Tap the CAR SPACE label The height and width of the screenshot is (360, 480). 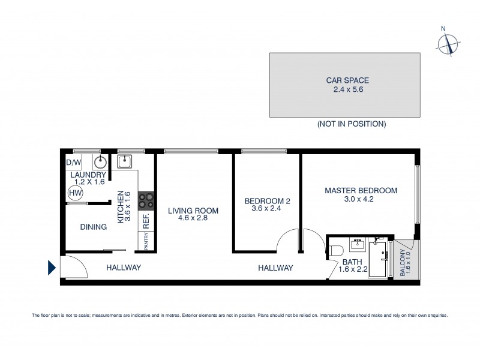pyautogui.click(x=347, y=80)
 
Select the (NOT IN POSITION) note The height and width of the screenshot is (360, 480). pyautogui.click(x=351, y=124)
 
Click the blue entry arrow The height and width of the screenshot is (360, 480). pyautogui.click(x=52, y=267)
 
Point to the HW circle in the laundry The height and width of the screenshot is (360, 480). pyautogui.click(x=75, y=193)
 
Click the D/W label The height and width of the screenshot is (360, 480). pyautogui.click(x=73, y=163)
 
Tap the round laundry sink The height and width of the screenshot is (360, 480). pyautogui.click(x=100, y=162)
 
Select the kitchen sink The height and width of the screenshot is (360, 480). pyautogui.click(x=125, y=161)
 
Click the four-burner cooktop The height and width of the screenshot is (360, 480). pyautogui.click(x=146, y=200)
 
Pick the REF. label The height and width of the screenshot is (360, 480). pyautogui.click(x=146, y=221)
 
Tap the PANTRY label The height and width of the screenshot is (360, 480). pyautogui.click(x=146, y=241)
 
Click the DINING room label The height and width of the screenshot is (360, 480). pyautogui.click(x=93, y=227)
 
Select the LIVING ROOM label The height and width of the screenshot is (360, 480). pyautogui.click(x=193, y=211)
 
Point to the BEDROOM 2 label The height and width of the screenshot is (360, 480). pyautogui.click(x=267, y=202)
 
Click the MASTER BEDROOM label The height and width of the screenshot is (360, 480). pyautogui.click(x=361, y=191)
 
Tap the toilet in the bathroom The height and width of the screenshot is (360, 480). pyautogui.click(x=337, y=250)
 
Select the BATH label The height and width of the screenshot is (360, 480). pyautogui.click(x=351, y=262)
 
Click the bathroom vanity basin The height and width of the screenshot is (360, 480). pyautogui.click(x=359, y=245)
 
